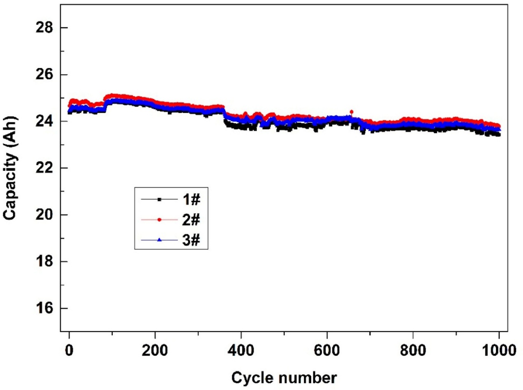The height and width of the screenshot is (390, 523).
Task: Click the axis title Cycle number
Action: click(x=284, y=376)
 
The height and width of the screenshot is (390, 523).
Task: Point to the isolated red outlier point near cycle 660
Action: click(x=351, y=112)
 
